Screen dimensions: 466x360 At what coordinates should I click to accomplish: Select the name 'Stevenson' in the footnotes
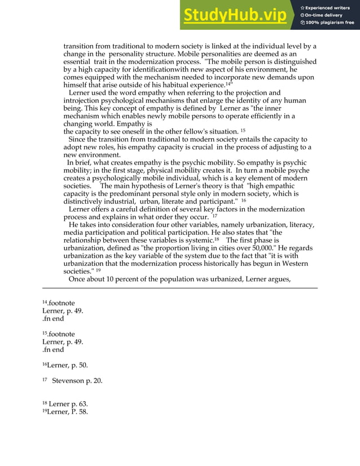pyautogui.click(x=71, y=381)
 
